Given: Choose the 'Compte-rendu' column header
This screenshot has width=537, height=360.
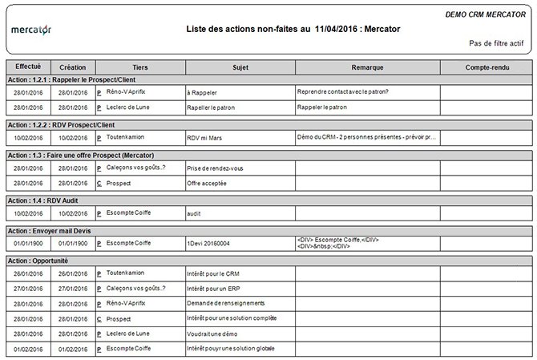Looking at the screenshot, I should coord(486,67).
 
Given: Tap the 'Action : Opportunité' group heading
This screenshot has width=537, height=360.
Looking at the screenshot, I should coord(37,261).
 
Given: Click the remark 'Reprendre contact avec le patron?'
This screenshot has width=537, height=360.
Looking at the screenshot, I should coord(342,92).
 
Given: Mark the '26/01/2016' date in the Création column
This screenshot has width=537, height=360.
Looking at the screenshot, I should coord(73,274).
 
